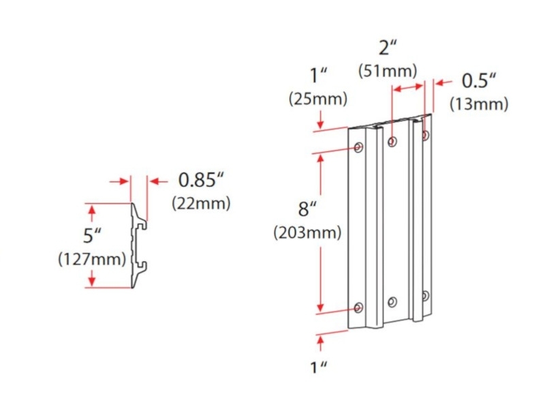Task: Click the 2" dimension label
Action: pyautogui.click(x=388, y=48)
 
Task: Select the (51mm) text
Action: pyautogui.click(x=388, y=70)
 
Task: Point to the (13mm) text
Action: pyautogui.click(x=479, y=104)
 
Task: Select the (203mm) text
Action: pyautogui.click(x=307, y=232)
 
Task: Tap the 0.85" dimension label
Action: pyautogui.click(x=201, y=181)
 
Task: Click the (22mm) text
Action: pyautogui.click(x=201, y=202)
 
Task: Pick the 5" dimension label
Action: pyautogui.click(x=92, y=237)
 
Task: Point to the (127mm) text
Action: pyautogui.click(x=92, y=259)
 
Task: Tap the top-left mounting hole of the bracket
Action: pyautogui.click(x=358, y=147)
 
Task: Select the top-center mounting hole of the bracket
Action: pyautogui.click(x=392, y=142)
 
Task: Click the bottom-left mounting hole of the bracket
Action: pyautogui.click(x=358, y=307)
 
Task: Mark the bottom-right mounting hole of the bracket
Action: pyautogui.click(x=425, y=296)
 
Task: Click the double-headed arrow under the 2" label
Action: pyautogui.click(x=408, y=88)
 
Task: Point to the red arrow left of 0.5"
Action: pyautogui.click(x=443, y=82)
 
